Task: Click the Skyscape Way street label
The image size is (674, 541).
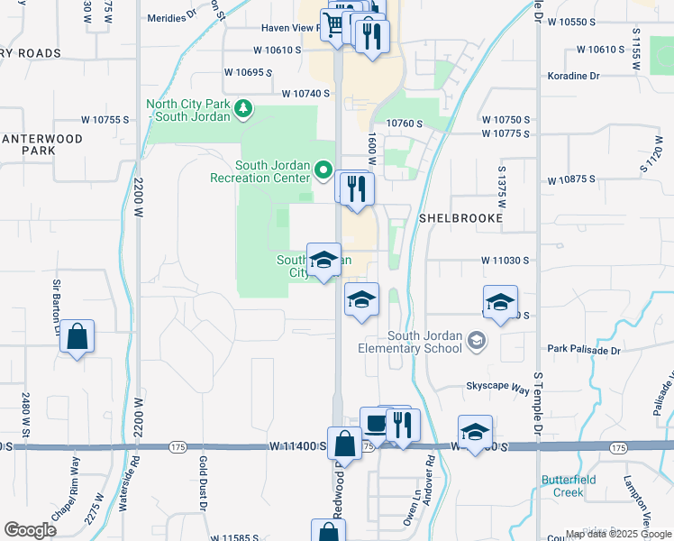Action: tap(497, 386)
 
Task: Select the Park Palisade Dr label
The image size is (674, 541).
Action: tap(586, 348)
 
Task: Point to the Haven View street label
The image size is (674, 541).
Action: tap(287, 28)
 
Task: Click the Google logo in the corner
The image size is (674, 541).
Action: tap(30, 530)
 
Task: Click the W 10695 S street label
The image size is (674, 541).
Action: tap(248, 71)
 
